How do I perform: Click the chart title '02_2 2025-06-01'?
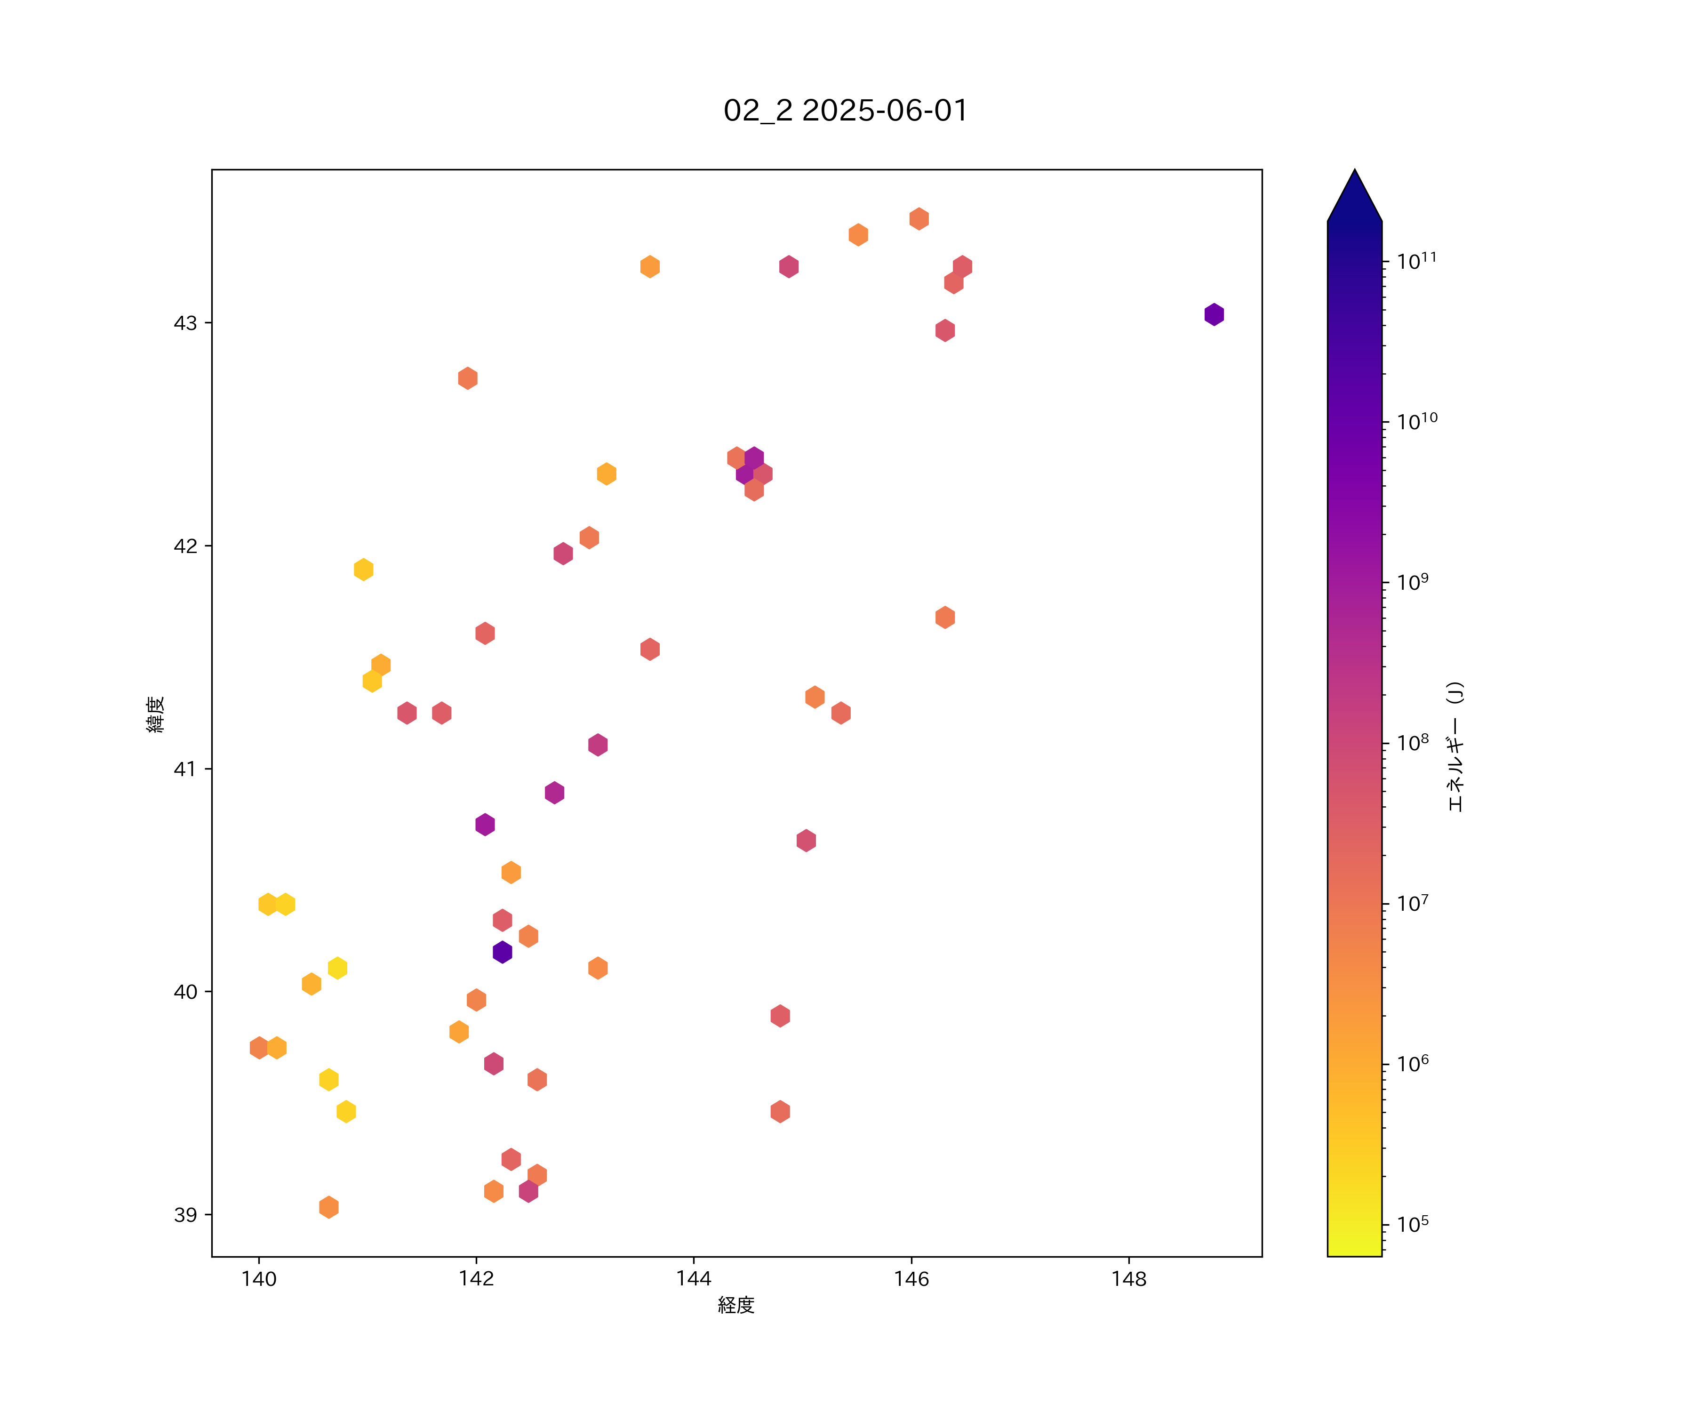click(x=846, y=111)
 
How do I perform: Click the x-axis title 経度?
click(x=735, y=1305)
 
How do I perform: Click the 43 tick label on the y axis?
click(x=185, y=323)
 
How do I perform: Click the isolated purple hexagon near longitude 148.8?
click(x=1214, y=315)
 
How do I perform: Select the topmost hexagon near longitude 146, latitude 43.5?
click(x=919, y=219)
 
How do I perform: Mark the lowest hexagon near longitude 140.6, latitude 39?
click(x=328, y=1207)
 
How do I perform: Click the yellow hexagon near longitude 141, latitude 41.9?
click(x=364, y=570)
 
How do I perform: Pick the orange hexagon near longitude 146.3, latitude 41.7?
click(x=944, y=617)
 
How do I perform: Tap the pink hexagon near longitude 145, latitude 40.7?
click(x=806, y=841)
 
